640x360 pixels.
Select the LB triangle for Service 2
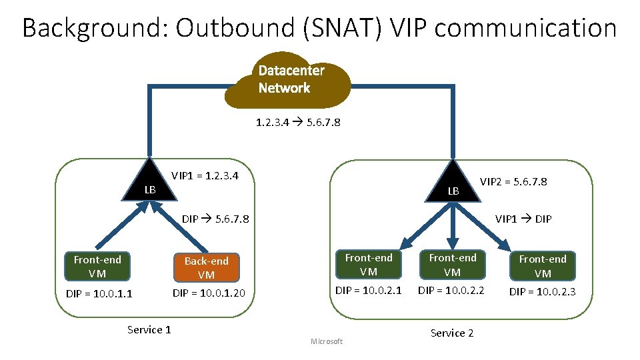[454, 184]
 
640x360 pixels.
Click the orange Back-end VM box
[206, 267]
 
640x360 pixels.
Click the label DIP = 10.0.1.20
[209, 293]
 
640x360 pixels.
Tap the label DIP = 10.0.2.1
[368, 290]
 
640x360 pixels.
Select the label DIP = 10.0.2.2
[451, 290]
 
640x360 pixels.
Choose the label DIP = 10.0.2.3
[542, 291]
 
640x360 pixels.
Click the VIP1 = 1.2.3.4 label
[205, 175]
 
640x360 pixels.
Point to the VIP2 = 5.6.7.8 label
[513, 181]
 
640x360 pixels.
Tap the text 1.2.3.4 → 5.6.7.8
[298, 123]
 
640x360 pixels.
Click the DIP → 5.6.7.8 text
[215, 218]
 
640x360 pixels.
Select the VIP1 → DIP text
[523, 218]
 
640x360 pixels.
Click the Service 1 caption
[149, 329]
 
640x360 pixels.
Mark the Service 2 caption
[452, 333]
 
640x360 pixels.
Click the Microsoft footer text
[327, 342]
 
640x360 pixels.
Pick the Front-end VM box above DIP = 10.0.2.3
[543, 265]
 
